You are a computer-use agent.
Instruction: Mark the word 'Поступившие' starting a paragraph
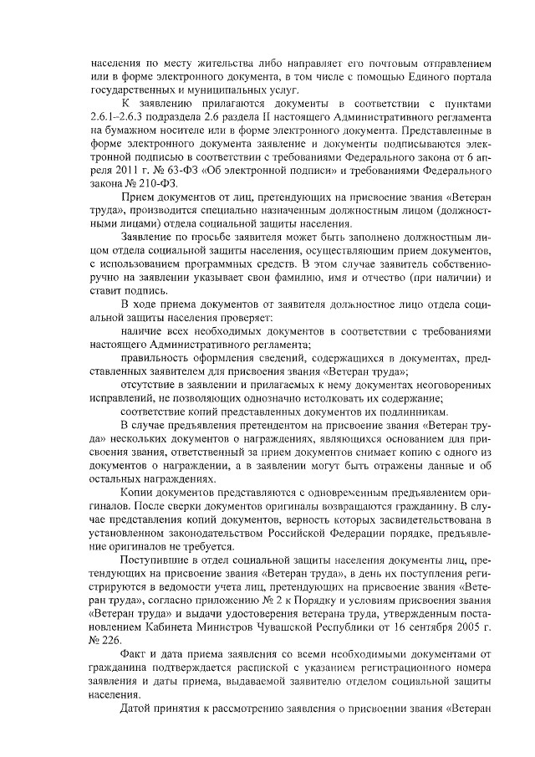(x=155, y=559)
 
